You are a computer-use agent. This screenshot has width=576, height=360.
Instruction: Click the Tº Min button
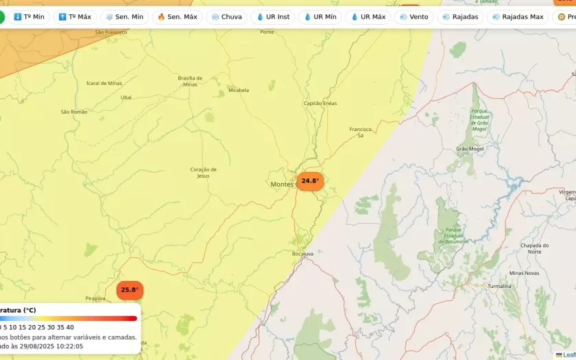click(29, 16)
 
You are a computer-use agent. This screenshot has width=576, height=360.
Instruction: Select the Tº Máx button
click(75, 16)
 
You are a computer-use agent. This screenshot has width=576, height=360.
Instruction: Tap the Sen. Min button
click(124, 16)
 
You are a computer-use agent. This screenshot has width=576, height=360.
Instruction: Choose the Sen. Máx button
click(177, 16)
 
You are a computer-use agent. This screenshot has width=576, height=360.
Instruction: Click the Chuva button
click(226, 16)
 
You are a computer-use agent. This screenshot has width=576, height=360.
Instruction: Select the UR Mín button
click(320, 16)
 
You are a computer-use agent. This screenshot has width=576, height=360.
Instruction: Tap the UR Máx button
click(368, 16)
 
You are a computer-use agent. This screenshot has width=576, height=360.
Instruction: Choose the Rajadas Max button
click(517, 16)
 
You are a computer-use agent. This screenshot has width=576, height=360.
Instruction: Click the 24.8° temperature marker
click(310, 181)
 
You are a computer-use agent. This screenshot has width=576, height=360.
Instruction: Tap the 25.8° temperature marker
click(130, 290)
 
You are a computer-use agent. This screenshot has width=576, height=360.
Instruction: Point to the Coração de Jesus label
click(203, 172)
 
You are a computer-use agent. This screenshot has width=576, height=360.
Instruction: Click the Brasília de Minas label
click(190, 81)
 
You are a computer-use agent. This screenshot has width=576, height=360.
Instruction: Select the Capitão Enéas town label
click(320, 104)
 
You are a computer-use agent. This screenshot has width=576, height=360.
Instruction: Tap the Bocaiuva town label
click(302, 254)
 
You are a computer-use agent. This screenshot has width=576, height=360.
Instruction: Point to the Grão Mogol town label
click(470, 149)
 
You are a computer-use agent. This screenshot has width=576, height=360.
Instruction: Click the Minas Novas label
click(524, 273)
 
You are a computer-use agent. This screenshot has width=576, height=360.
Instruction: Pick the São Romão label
click(74, 112)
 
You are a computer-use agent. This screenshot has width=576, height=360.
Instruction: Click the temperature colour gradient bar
click(69, 318)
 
